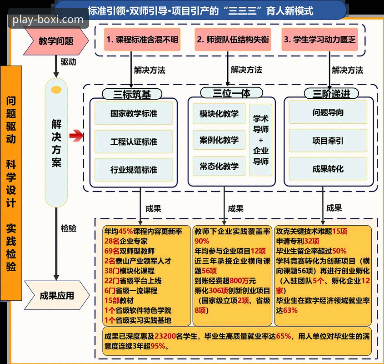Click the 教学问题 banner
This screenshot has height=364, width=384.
(x=55, y=41)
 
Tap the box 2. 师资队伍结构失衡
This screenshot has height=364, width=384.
(x=233, y=40)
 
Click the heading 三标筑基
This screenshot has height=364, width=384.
(x=132, y=94)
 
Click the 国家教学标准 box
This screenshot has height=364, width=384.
(x=134, y=113)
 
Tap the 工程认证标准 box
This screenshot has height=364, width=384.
(x=134, y=142)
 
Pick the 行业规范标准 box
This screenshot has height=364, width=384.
(x=134, y=170)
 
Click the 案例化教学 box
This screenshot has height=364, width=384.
(x=219, y=140)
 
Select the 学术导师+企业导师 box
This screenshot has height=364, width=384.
(x=261, y=140)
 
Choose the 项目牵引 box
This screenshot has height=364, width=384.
(x=328, y=141)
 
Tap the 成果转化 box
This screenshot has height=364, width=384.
(x=328, y=169)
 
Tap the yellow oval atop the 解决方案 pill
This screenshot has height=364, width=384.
(x=56, y=88)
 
